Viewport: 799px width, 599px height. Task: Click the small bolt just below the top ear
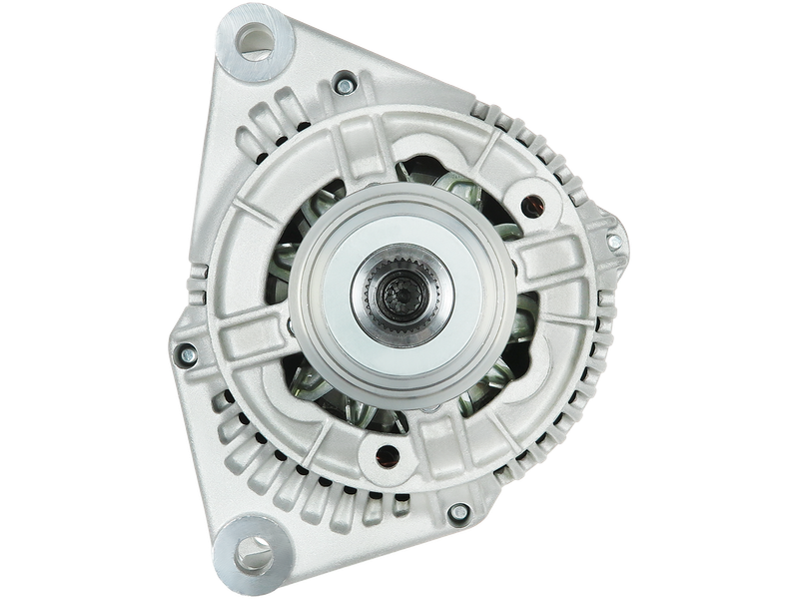coord(345,86)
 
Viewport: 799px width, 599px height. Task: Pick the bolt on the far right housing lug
coord(614,242)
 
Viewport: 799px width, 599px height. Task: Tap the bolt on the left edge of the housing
coord(187,352)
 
